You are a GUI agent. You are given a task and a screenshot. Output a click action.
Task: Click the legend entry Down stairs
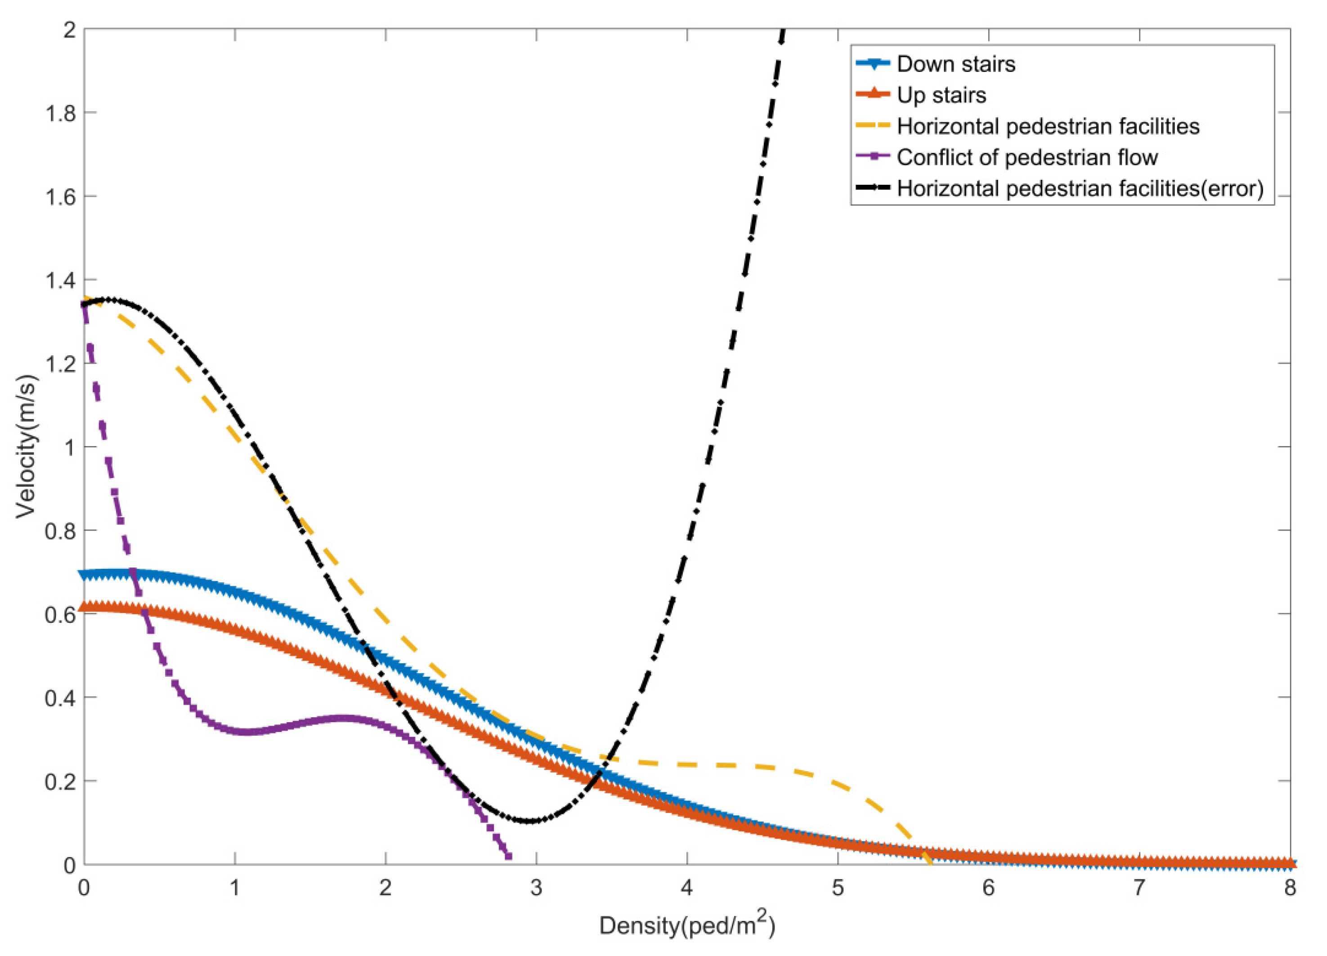(x=955, y=64)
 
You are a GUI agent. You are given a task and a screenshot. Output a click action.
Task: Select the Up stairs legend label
(x=941, y=95)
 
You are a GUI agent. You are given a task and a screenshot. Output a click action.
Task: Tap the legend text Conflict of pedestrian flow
(x=1027, y=157)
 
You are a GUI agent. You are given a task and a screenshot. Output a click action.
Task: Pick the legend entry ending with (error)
(x=1080, y=188)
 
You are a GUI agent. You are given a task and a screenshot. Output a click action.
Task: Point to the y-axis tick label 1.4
(x=60, y=280)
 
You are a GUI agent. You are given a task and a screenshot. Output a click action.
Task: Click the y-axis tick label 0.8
(x=60, y=531)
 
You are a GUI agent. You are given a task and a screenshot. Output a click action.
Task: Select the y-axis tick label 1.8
(x=60, y=113)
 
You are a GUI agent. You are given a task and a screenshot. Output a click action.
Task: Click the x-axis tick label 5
(x=838, y=889)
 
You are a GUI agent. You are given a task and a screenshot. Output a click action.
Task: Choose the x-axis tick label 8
(x=1290, y=889)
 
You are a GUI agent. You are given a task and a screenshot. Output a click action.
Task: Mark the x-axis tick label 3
(x=536, y=889)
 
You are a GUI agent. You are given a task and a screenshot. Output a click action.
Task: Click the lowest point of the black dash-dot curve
(x=530, y=821)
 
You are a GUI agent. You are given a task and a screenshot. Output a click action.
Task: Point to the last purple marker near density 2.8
(x=508, y=857)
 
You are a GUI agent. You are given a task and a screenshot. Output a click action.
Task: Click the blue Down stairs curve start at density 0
(x=85, y=575)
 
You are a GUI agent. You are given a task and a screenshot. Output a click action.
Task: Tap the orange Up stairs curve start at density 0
(x=85, y=607)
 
